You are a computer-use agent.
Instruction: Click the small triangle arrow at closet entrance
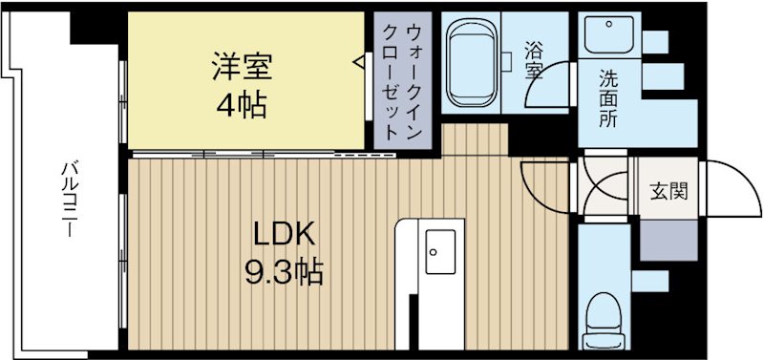(x=360, y=64)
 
